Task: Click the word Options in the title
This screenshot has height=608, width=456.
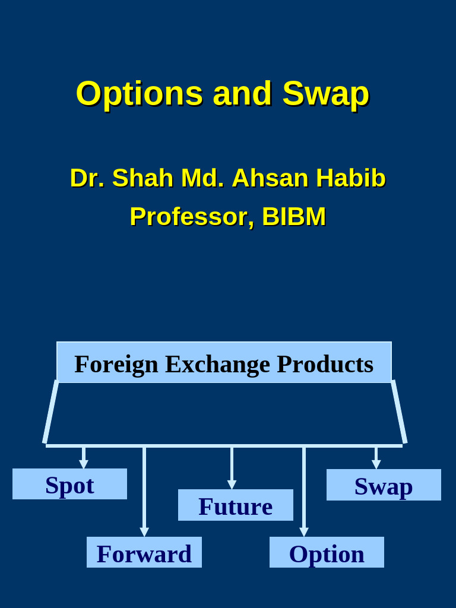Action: coord(140,94)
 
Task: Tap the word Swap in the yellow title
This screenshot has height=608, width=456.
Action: coord(325,94)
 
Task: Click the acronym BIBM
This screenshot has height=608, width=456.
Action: coord(294,217)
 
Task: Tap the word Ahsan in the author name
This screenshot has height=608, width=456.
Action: coord(270,178)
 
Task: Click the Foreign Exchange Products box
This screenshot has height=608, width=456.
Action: coord(224,363)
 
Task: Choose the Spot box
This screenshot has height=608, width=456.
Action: coord(69,484)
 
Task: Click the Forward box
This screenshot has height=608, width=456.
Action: coord(144,553)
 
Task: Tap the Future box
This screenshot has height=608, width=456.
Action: coord(236,505)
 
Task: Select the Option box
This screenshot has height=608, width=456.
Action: coord(327,553)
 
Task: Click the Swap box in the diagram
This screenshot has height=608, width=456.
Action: coord(384,485)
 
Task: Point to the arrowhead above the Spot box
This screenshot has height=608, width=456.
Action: coord(84,464)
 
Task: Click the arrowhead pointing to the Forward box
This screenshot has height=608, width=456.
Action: coord(144,532)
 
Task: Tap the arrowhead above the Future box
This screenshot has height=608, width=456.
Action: coord(232,484)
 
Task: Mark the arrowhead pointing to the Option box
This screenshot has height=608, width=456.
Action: coord(304,532)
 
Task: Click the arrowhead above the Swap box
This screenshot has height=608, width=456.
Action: coord(376,464)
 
